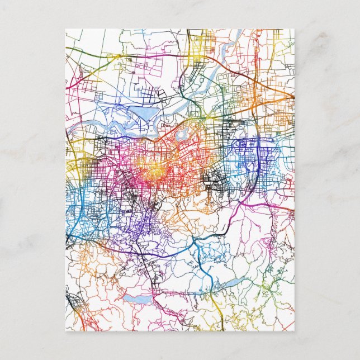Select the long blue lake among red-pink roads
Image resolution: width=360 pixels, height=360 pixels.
coord(138,300)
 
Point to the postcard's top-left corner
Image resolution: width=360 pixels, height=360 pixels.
coord(65,29)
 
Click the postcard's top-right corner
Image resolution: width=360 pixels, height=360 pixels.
coord(295,29)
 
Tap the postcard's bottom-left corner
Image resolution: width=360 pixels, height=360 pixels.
coord(65,331)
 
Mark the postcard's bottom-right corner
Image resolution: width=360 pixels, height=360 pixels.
coord(295,331)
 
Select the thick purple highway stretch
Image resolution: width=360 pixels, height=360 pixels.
coord(151,252)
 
